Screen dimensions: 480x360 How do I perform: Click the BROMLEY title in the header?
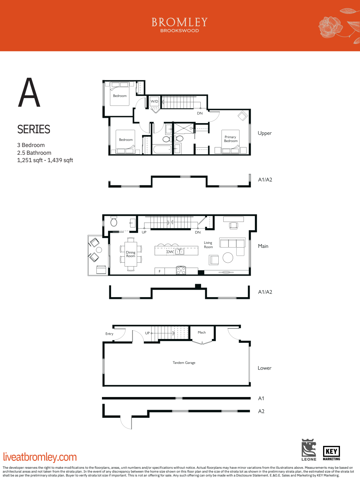tap(180, 22)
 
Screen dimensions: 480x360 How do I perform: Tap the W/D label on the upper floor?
tap(154, 101)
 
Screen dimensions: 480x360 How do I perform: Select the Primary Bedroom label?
tap(231, 139)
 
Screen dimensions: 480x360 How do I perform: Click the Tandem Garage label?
tap(184, 363)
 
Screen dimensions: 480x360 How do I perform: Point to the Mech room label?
tap(202, 332)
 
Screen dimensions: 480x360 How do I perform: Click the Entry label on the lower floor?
tap(109, 334)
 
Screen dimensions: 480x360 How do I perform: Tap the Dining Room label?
tap(130, 254)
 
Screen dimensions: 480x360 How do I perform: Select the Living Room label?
tap(208, 245)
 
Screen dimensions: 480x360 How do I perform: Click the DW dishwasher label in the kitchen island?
tap(170, 252)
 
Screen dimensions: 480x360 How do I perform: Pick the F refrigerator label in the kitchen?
tap(160, 271)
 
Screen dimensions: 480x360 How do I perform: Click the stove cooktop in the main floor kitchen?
tap(181, 270)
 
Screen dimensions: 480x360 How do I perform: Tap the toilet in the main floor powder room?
tap(114, 222)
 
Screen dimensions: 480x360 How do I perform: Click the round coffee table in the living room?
tap(228, 257)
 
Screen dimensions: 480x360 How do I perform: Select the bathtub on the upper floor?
tap(162, 149)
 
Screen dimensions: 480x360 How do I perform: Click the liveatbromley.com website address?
tap(40, 457)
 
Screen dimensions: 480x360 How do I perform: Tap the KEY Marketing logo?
tap(331, 453)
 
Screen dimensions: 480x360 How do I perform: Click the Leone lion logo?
tap(309, 449)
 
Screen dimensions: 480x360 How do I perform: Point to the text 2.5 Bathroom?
tap(34, 153)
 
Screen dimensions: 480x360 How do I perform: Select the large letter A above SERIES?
tap(29, 93)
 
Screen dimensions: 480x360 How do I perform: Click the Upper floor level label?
tap(264, 133)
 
